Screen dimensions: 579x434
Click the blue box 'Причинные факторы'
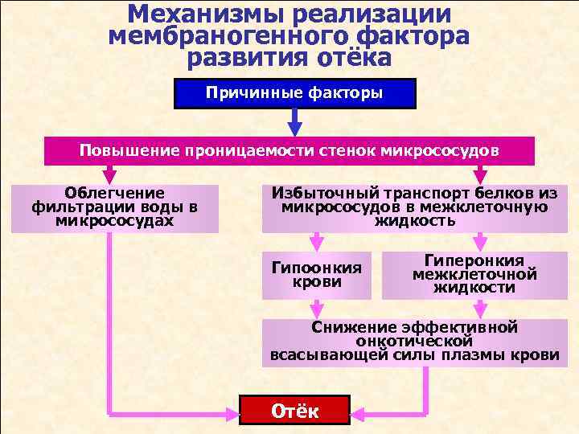pos(294,93)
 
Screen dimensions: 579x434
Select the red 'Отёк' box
pos(295,411)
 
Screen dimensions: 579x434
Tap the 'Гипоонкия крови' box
pos(317,275)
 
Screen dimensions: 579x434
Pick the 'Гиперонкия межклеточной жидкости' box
pos(474,274)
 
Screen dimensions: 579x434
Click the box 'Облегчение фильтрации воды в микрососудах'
pos(114,207)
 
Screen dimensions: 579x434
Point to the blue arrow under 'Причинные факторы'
pos(294,121)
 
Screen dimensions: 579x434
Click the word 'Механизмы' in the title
pos(199,15)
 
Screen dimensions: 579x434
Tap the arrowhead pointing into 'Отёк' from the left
pos(231,413)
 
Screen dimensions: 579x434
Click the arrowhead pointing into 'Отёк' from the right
pos(359,413)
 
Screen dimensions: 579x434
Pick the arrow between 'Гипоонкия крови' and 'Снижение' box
pos(318,308)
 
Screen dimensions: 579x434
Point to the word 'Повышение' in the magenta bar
pos(129,150)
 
